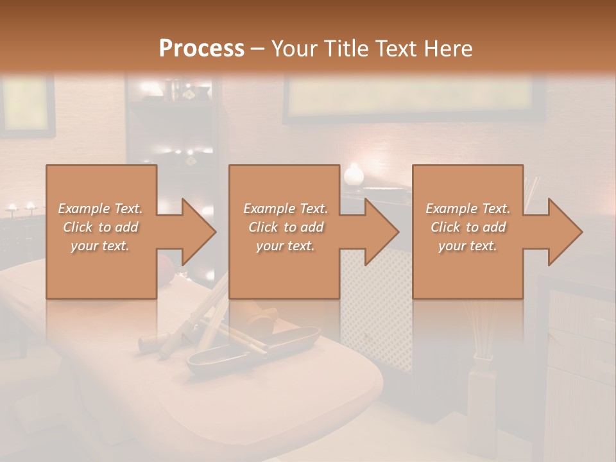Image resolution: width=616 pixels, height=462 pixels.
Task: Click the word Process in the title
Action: [x=201, y=48]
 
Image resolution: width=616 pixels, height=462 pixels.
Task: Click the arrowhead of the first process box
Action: [x=198, y=232]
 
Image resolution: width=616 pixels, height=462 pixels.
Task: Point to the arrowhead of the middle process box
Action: [x=381, y=232]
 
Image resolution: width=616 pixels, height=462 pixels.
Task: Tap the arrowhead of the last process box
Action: [x=564, y=232]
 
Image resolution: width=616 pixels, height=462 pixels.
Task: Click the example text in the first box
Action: [x=100, y=227]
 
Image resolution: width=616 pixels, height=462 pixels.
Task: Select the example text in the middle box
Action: [x=286, y=227]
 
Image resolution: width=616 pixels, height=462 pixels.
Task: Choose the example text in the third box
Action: [x=468, y=227]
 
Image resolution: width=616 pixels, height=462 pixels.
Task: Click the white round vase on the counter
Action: [x=354, y=174]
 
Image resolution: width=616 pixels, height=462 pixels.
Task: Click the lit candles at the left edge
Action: [x=20, y=207]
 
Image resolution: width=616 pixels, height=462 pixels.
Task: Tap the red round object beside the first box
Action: [x=165, y=263]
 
